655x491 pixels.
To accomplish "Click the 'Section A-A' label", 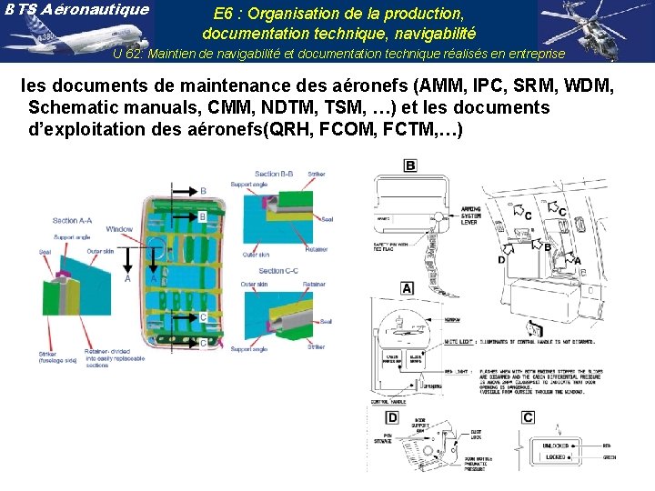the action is pos(72,221).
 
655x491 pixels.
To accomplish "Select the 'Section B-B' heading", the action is pos(273,174).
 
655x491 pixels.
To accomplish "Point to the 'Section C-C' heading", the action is pos(278,271).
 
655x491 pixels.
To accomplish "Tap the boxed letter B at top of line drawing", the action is pos(410,165).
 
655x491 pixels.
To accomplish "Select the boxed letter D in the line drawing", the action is pos(391,417).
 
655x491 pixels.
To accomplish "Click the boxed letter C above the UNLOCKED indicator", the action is pos(528,417).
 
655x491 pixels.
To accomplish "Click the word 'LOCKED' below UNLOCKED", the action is pos(558,457).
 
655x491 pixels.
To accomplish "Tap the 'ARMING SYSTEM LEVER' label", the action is pos(471,215).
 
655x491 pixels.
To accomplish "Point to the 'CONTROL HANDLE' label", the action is pos(388,401).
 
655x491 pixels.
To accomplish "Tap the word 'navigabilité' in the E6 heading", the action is pos(422,35).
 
